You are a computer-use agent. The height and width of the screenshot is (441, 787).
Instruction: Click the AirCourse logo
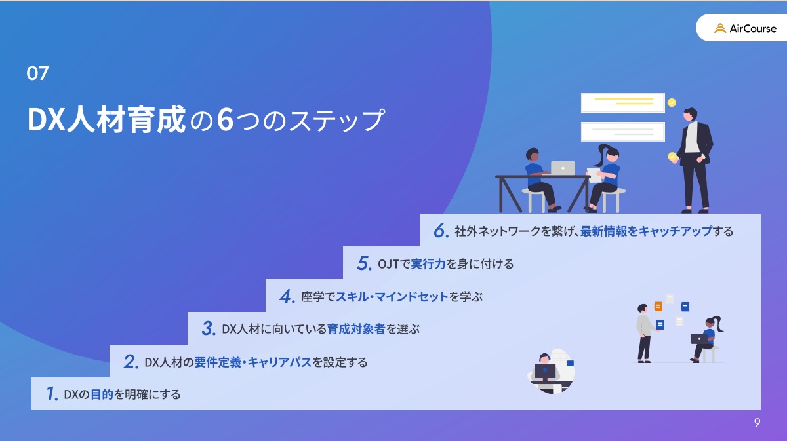click(x=745, y=28)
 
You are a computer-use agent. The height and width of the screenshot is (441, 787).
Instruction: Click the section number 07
click(x=37, y=73)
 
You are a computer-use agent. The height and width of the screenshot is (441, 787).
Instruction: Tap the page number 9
click(x=757, y=422)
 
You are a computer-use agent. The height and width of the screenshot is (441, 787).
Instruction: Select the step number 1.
click(x=52, y=394)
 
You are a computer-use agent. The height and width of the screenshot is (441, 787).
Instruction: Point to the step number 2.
click(x=131, y=361)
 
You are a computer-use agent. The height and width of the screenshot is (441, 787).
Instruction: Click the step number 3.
click(x=209, y=328)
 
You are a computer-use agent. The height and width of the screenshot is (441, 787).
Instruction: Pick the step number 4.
click(x=287, y=296)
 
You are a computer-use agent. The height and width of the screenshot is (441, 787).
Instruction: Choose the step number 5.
click(x=365, y=263)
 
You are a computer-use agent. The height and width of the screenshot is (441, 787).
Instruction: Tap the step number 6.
click(x=441, y=231)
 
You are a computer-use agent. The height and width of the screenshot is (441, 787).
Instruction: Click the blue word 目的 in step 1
click(x=102, y=394)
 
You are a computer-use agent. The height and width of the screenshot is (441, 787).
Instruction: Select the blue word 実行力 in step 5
click(x=428, y=263)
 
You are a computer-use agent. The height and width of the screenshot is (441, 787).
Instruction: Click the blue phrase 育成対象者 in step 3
click(x=356, y=329)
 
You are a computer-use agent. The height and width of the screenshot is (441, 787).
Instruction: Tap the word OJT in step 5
click(x=388, y=264)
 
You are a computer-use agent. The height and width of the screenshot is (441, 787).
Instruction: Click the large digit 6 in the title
click(x=225, y=120)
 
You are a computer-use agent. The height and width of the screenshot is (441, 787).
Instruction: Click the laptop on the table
click(x=563, y=168)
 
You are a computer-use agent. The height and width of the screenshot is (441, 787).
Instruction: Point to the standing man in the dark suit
click(x=694, y=161)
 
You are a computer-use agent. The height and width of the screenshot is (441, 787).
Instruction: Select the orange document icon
click(x=658, y=307)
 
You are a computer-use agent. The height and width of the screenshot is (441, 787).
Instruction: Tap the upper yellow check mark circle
click(x=672, y=102)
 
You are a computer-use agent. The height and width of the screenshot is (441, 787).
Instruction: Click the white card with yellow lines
click(x=623, y=102)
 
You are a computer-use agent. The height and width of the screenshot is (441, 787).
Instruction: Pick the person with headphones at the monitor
click(x=544, y=372)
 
